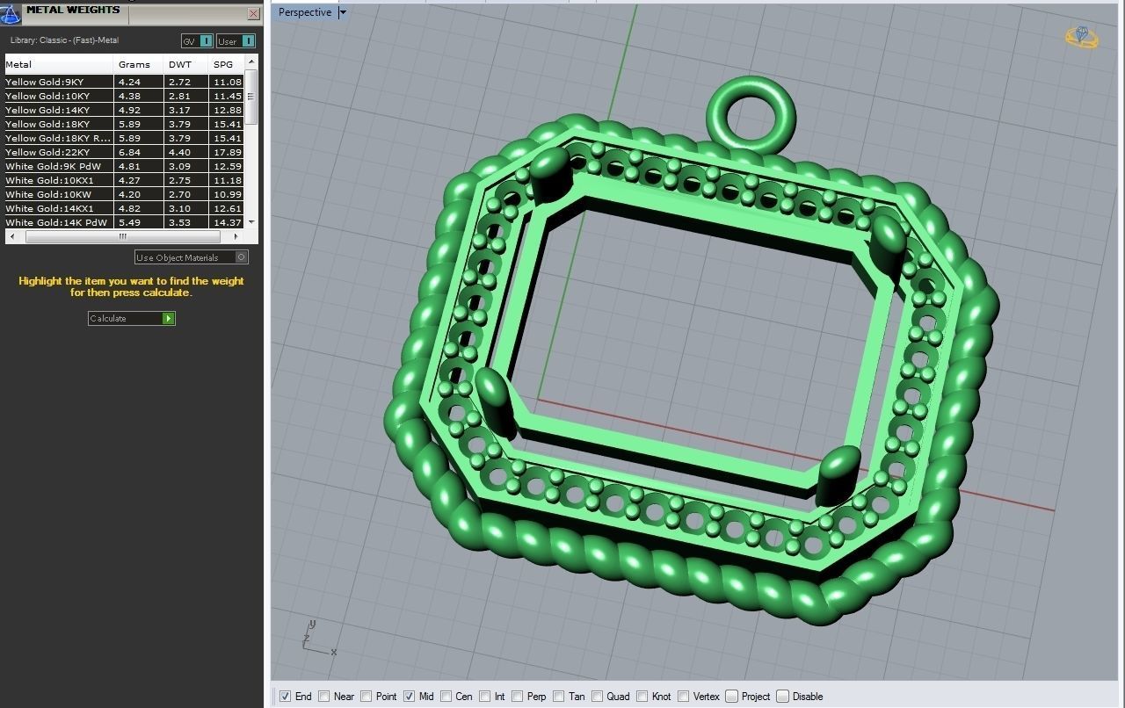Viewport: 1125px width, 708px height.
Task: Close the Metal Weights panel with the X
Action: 253,14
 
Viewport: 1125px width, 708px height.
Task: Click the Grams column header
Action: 134,64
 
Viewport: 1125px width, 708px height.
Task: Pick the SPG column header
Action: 223,64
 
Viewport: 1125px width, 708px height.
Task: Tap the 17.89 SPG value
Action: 227,152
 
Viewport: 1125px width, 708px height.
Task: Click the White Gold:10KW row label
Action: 48,194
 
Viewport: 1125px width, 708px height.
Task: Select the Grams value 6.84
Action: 129,152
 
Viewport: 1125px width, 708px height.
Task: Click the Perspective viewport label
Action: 305,12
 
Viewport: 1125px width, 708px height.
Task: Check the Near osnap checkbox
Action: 324,697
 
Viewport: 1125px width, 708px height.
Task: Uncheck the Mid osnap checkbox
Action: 410,697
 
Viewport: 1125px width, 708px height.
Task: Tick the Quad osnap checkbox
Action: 598,697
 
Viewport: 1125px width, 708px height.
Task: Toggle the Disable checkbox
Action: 782,697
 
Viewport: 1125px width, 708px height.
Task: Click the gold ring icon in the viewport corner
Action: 1082,37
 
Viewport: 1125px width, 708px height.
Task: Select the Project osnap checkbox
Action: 731,697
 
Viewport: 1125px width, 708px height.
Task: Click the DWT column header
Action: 180,64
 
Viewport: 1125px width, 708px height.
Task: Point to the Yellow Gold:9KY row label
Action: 45,82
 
